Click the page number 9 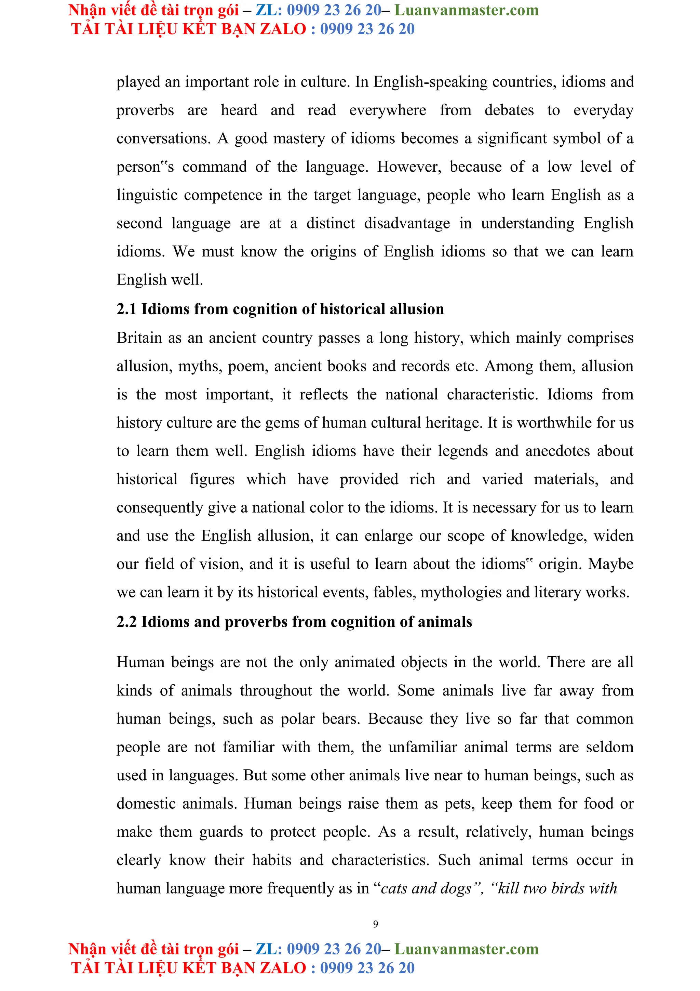pyautogui.click(x=375, y=924)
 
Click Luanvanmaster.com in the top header pyautogui.click(x=466, y=10)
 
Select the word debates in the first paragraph pyautogui.click(x=509, y=110)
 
